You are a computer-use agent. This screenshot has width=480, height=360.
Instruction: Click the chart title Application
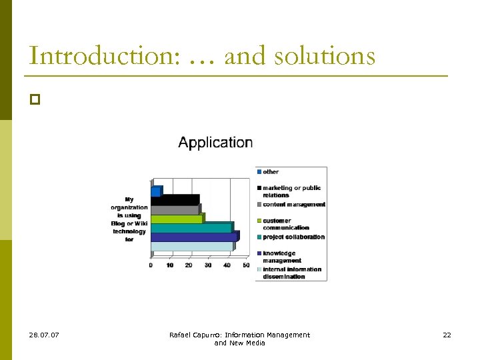[215, 143]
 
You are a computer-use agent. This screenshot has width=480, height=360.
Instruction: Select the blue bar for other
[155, 191]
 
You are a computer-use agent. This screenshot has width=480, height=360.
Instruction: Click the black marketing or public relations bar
[175, 200]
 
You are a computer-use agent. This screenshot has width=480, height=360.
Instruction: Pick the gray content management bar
[175, 209]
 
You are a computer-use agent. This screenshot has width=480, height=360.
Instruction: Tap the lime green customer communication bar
[177, 219]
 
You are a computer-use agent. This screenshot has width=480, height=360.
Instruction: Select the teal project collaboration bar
[191, 228]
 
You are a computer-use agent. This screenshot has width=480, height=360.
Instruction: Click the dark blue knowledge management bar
[193, 237]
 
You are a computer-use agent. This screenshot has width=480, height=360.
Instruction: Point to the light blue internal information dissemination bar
[191, 246]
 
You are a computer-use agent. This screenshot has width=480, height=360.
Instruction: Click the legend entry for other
[270, 172]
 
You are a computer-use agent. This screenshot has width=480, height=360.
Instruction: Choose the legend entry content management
[293, 205]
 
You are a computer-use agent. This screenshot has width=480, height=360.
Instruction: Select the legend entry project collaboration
[293, 237]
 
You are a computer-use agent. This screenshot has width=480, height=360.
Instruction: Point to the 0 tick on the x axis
[151, 265]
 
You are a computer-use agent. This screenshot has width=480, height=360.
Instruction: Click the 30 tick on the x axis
[208, 265]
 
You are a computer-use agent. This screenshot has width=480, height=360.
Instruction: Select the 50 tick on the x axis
[246, 265]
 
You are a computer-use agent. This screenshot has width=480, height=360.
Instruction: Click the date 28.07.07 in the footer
[44, 335]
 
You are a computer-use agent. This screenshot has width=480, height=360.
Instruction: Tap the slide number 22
[447, 335]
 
